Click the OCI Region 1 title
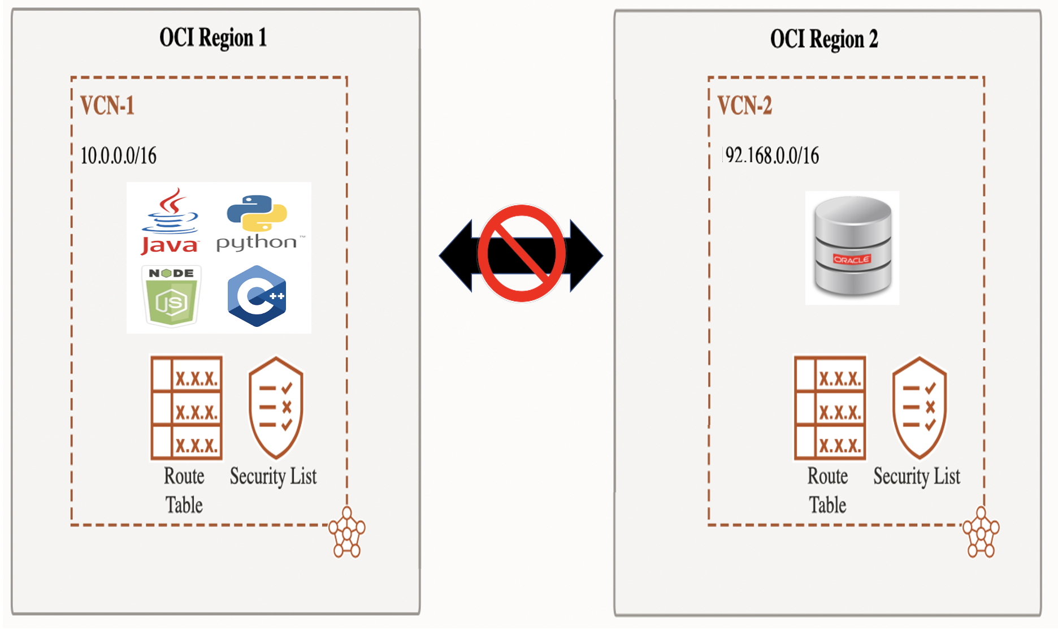pos(213,38)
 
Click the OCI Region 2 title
pos(823,40)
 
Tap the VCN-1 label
pos(107,106)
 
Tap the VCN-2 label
pos(744,106)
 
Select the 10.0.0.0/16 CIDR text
pos(119,156)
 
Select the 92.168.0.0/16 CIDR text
pos(772,156)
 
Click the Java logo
pos(170,222)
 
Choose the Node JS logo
pos(171,296)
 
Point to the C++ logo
pos(257,296)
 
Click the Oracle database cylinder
pos(852,247)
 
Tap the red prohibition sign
pos(521,253)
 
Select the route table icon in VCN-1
pos(187,407)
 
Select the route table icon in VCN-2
pos(830,407)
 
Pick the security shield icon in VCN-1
pos(276,407)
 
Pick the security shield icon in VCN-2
pos(919,407)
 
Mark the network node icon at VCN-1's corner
pos(347,532)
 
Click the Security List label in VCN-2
pos(916,477)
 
